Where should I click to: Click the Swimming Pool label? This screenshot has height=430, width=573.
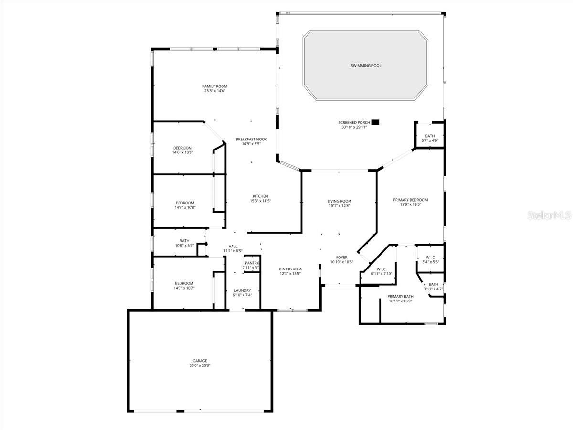366,66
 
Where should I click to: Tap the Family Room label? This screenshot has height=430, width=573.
214,86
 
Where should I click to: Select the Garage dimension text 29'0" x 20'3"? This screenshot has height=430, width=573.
200,365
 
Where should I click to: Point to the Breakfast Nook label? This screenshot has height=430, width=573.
251,140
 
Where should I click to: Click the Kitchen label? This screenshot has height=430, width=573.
260,196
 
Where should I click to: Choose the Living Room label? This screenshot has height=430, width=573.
339,201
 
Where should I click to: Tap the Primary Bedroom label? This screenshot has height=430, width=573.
410,200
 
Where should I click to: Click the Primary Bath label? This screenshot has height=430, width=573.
400,296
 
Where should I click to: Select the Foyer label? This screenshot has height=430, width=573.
341,258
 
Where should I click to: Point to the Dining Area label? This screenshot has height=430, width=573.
290,269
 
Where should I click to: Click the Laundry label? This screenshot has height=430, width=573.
242,290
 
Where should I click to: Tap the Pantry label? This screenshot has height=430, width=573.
252,263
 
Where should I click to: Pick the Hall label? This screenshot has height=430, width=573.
233,247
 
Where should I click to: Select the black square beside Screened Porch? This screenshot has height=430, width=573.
376,122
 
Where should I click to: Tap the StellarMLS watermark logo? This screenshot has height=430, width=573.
549,216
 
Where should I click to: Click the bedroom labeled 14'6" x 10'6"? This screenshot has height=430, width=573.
182,148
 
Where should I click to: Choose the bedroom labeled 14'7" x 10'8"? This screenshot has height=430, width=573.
185,203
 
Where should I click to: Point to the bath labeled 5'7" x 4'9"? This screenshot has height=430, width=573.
430,136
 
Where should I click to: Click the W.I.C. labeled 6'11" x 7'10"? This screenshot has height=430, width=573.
381,269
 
